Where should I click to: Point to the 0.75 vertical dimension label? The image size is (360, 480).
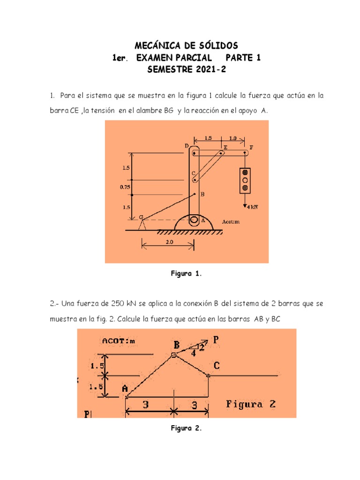(x=125, y=187)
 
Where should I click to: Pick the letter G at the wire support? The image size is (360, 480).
(x=141, y=216)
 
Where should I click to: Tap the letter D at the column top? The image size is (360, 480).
(x=187, y=146)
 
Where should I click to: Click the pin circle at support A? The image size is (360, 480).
(x=194, y=220)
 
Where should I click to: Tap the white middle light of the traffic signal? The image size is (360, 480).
(x=245, y=180)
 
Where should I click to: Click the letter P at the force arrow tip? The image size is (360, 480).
(x=215, y=339)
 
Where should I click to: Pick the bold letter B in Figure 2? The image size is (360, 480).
(x=176, y=345)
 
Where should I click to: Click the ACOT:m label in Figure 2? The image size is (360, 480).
(x=118, y=341)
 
